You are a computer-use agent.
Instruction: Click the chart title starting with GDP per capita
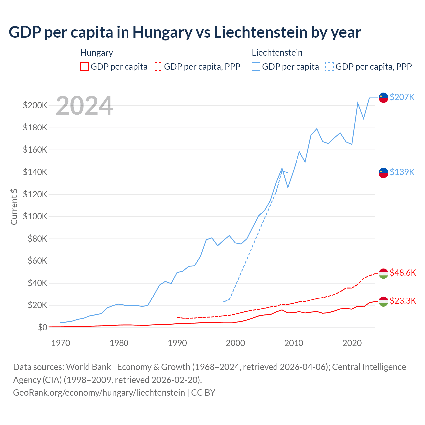(x=185, y=32)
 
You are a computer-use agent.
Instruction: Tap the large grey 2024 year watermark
(x=84, y=106)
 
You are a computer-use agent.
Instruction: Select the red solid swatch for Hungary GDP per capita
(x=85, y=66)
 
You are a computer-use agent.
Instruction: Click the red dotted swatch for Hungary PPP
(x=158, y=66)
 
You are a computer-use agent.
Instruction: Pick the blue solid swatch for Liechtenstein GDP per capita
(x=256, y=66)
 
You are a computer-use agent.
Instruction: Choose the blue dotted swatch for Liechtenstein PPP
(x=330, y=66)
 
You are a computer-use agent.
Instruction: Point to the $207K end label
(x=402, y=97)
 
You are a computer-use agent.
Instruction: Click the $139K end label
(x=402, y=172)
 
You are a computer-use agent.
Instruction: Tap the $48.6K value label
(x=403, y=273)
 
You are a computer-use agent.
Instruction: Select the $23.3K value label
(x=403, y=301)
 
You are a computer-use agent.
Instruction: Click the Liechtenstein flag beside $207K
(x=383, y=97)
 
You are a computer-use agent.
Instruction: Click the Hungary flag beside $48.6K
(x=383, y=273)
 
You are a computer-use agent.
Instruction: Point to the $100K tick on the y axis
(x=35, y=216)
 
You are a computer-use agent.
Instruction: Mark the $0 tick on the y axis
(x=42, y=327)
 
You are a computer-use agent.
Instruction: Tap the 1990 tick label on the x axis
(x=177, y=343)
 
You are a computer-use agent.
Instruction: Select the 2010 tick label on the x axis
(x=294, y=343)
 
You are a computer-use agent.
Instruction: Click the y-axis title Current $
(x=14, y=207)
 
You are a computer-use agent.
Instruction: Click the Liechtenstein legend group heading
(x=277, y=53)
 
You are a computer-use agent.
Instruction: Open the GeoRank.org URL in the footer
(x=99, y=393)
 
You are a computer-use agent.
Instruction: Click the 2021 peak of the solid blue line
(x=358, y=103)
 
